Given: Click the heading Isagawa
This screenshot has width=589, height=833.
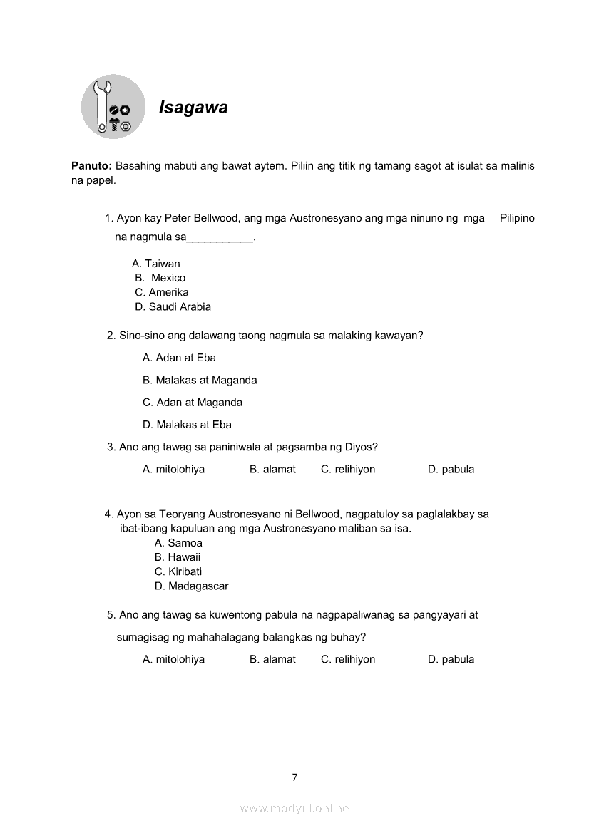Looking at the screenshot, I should [x=193, y=108].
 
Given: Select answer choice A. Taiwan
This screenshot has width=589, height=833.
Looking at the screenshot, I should [x=156, y=264].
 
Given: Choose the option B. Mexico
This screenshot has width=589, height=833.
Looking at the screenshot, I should [x=160, y=278].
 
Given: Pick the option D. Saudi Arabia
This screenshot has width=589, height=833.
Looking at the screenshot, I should [x=173, y=307].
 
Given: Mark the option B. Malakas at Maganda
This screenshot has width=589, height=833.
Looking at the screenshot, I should [x=200, y=381].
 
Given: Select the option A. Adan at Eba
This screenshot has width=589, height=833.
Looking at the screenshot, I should [x=179, y=358].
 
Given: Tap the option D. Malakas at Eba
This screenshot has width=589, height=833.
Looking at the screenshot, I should [x=187, y=425].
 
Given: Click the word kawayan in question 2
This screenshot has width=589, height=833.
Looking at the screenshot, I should [x=398, y=335].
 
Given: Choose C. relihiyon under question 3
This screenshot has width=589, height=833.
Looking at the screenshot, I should [x=348, y=470].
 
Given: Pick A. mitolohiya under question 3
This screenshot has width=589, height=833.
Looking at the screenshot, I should [x=173, y=470].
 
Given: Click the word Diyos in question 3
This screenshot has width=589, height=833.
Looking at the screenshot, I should [x=359, y=447].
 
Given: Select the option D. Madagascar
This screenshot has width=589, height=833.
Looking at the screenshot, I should [x=191, y=586].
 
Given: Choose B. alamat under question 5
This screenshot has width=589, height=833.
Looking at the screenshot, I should [x=272, y=660].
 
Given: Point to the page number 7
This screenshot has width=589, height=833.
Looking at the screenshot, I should [x=294, y=777].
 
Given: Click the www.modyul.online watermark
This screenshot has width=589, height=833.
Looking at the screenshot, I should [x=294, y=809].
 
